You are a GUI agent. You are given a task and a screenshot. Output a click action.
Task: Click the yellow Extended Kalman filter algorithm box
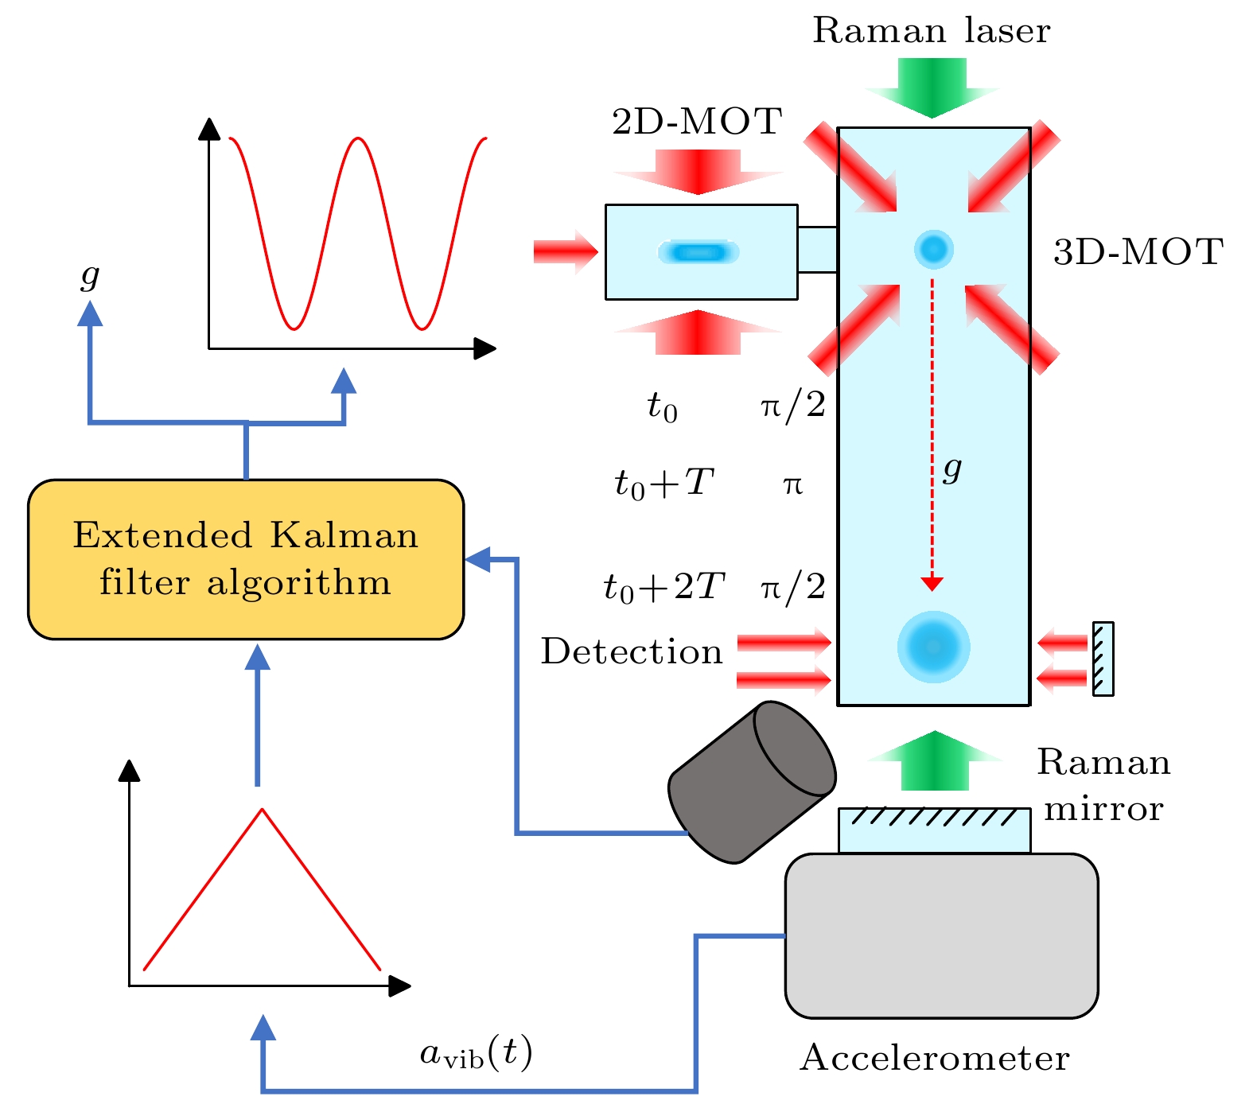(245, 558)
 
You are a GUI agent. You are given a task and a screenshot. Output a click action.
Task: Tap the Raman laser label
(931, 31)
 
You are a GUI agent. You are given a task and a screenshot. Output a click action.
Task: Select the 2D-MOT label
(697, 122)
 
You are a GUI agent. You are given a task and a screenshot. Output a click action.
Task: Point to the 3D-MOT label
(1138, 252)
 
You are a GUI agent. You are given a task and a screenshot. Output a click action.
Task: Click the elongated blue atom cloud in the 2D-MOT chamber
(698, 252)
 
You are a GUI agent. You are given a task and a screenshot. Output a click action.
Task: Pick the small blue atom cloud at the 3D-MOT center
(933, 249)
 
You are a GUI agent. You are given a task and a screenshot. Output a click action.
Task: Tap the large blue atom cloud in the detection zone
(933, 647)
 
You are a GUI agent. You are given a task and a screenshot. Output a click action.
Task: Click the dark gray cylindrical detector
(751, 781)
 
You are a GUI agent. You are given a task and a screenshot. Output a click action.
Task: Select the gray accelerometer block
(941, 936)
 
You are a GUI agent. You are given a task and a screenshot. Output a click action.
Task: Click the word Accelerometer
(935, 1058)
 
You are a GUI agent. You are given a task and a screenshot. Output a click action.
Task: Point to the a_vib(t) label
(476, 1054)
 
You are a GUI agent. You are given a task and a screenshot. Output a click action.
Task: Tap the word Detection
(632, 651)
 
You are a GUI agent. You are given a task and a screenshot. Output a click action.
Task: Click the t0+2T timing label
(663, 588)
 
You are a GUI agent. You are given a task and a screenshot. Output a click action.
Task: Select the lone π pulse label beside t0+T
(792, 484)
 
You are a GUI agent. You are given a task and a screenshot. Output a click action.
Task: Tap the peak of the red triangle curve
(262, 810)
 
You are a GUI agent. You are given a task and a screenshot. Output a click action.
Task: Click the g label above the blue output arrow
(90, 276)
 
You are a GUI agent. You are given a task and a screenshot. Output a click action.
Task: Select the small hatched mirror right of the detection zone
(1103, 659)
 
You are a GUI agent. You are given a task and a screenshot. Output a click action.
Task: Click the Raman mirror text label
(1103, 785)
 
